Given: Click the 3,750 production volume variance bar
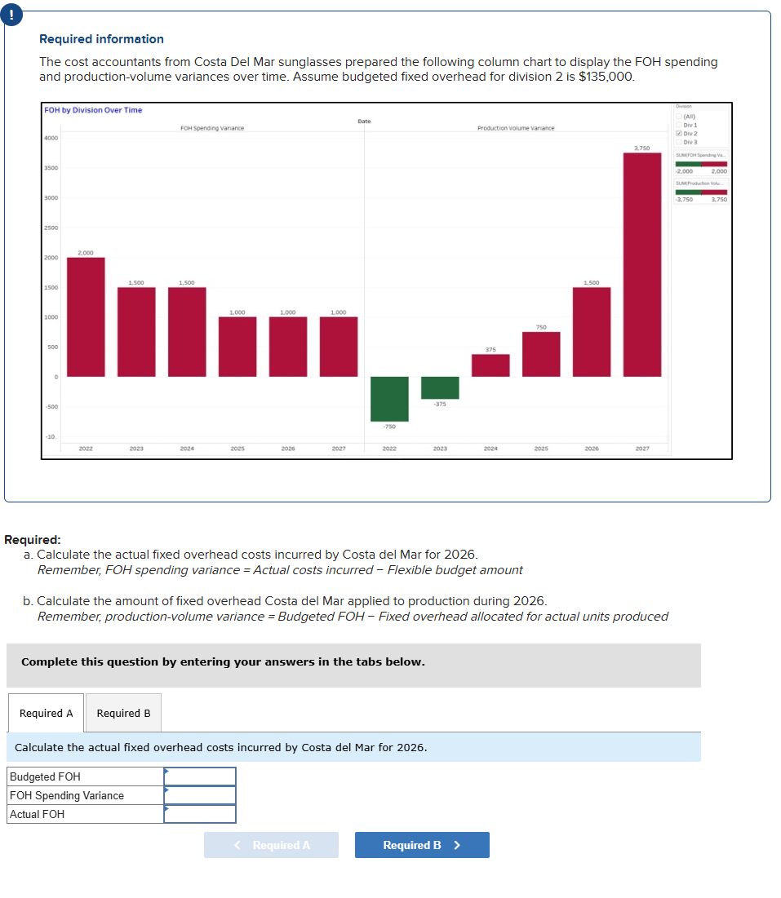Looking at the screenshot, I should (642, 264).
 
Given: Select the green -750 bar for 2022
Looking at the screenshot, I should (389, 399).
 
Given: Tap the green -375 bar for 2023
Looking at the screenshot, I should (440, 387).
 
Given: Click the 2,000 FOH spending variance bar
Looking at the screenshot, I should (86, 316).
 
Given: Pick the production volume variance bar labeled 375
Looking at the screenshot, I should (490, 365).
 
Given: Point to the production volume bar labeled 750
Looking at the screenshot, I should (541, 354).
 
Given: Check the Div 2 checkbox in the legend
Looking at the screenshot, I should (678, 134).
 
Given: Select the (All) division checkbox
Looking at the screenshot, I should (678, 117).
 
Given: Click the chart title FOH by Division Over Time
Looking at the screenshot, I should (93, 110).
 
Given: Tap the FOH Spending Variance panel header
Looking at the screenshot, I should (212, 128).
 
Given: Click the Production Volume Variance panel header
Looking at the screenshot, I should (516, 128).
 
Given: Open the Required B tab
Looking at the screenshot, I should (123, 713).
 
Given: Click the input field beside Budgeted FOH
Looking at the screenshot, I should (200, 776).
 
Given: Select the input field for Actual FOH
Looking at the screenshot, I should (200, 814).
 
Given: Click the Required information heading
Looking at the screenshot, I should (101, 39).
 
